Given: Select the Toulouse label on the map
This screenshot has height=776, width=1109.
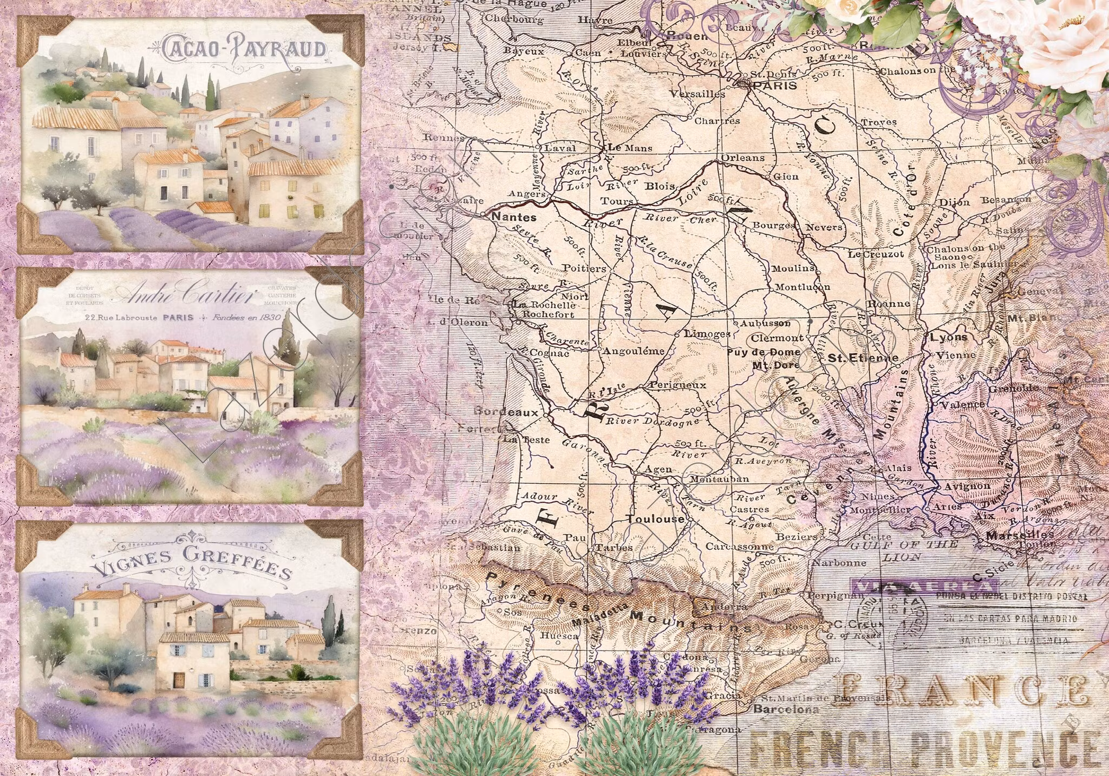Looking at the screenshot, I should click(656, 519).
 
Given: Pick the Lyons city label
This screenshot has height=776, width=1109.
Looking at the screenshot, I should click(948, 337).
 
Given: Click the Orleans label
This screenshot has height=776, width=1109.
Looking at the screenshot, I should click(743, 158).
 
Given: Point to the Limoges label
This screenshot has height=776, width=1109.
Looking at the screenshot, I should click(707, 334).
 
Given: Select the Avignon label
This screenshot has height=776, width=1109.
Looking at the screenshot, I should click(967, 486).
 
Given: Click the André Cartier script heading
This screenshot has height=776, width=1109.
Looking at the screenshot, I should click(187, 296).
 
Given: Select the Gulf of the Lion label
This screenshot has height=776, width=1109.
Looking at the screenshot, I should click(903, 550).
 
